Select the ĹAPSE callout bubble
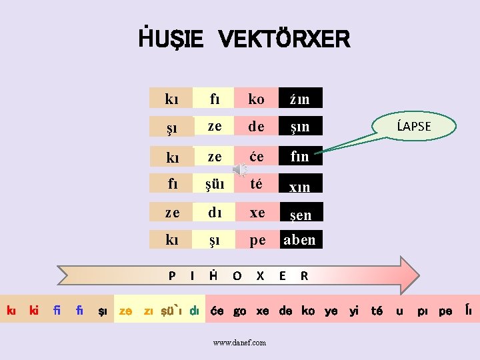pos(414,126)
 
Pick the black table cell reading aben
pos(300,240)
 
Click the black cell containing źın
pos(300,99)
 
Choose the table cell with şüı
pos(215,184)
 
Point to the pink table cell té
pos(257,184)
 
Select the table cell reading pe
pos(257,240)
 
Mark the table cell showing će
pos(257,156)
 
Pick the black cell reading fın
pos(300,157)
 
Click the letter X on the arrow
pos(260,275)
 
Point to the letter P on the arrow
pos(172,275)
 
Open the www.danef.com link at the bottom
pos(239,343)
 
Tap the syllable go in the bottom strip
pos(240,311)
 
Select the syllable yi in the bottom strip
pos(354,311)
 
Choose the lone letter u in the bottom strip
pos(399,311)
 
